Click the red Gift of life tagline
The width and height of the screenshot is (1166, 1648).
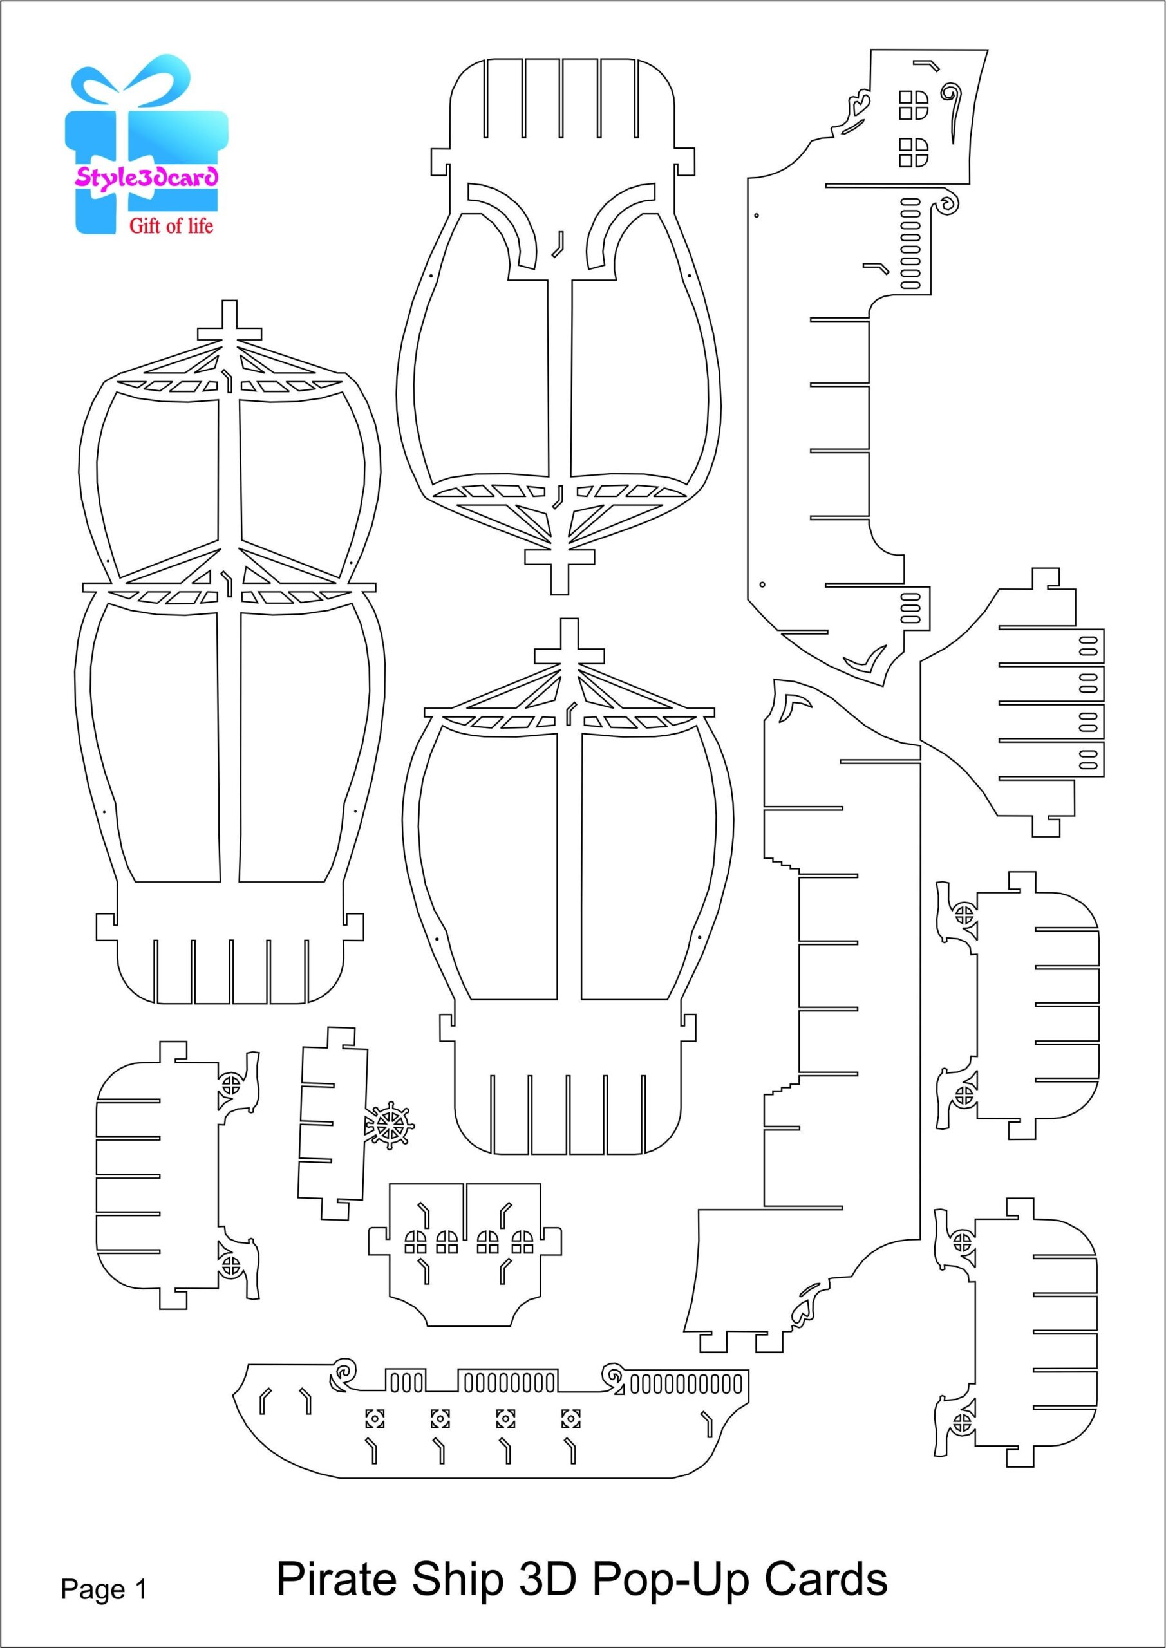171,226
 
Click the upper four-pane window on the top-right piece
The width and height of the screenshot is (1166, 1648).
913,105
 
